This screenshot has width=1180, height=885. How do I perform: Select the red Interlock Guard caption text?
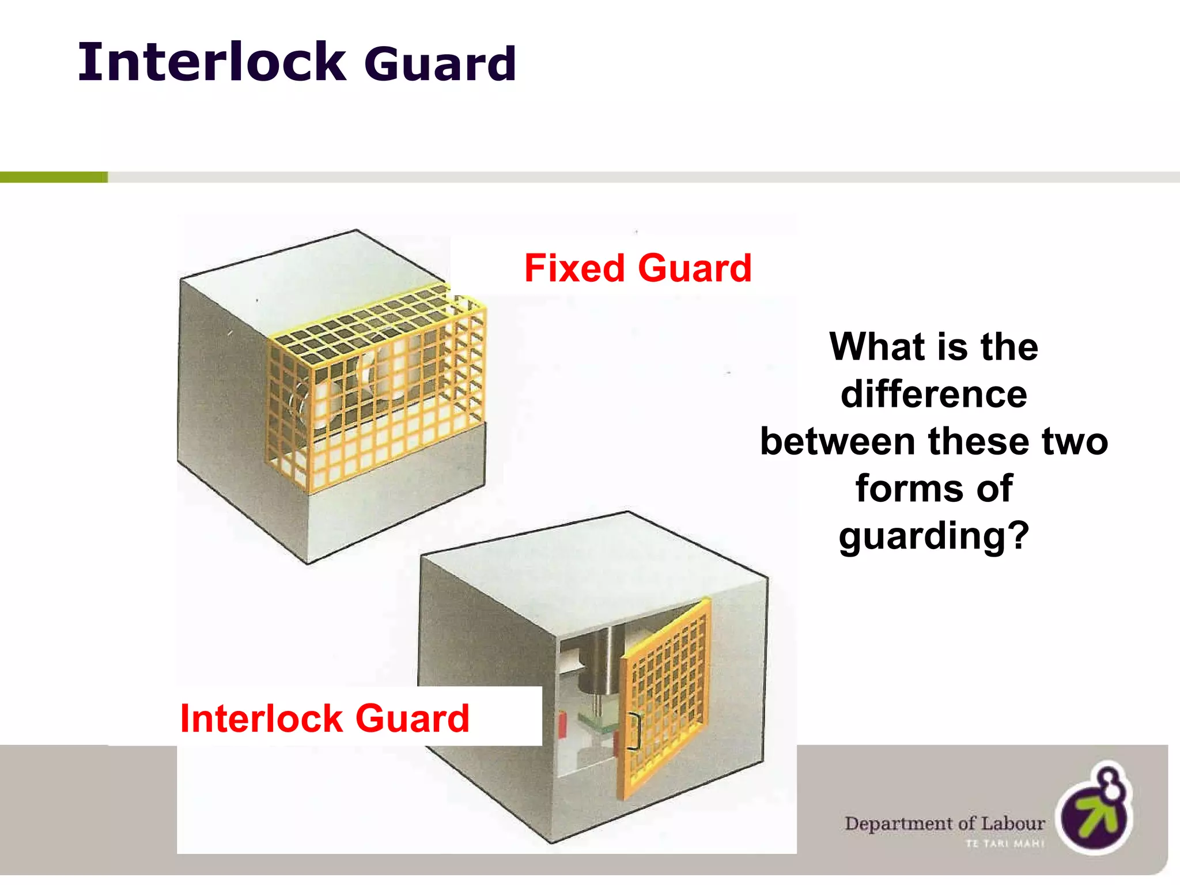click(324, 718)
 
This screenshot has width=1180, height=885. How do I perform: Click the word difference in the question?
click(933, 395)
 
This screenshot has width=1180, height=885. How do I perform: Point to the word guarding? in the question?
click(933, 536)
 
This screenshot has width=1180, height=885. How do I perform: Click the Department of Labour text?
click(944, 823)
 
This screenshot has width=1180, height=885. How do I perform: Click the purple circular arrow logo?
click(1095, 810)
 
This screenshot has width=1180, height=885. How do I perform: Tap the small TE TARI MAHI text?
click(1005, 844)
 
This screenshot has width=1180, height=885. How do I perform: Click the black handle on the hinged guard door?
click(634, 732)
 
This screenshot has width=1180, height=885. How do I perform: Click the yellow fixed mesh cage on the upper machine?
click(375, 386)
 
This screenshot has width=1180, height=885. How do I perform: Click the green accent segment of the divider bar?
click(54, 177)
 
